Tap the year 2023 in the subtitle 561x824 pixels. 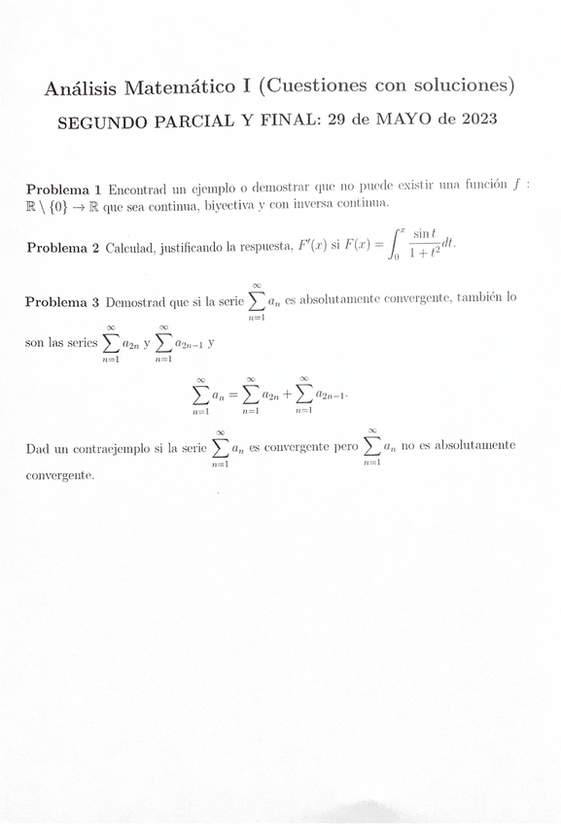(x=473, y=120)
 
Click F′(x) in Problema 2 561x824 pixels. (x=313, y=248)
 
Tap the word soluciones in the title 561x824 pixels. (x=461, y=86)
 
